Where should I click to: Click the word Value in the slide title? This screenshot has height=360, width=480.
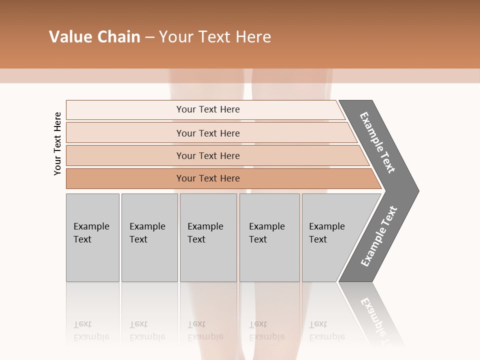coord(70,37)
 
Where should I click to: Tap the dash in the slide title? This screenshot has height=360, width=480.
coord(149,37)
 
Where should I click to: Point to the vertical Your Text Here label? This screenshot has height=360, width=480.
coord(57,143)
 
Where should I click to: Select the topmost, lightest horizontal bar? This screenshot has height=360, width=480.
coord(208,109)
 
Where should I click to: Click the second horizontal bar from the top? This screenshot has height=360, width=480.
coord(208,133)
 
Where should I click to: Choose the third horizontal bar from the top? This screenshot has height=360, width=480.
coord(208,155)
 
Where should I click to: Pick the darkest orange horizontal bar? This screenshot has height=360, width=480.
coord(208,178)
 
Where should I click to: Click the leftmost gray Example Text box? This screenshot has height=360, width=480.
coord(92,237)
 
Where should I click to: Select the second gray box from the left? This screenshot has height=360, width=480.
coord(149,237)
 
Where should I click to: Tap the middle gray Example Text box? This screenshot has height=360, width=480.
coord(208,237)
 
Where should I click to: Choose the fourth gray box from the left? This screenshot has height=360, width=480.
coord(269,237)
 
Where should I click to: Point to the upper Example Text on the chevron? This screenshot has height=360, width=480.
coord(378,142)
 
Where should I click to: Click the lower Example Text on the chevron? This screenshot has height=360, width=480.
coord(379,236)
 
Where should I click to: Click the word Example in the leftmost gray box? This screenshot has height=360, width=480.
coord(91,226)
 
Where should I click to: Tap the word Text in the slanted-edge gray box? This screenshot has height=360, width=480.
coord(317,239)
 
